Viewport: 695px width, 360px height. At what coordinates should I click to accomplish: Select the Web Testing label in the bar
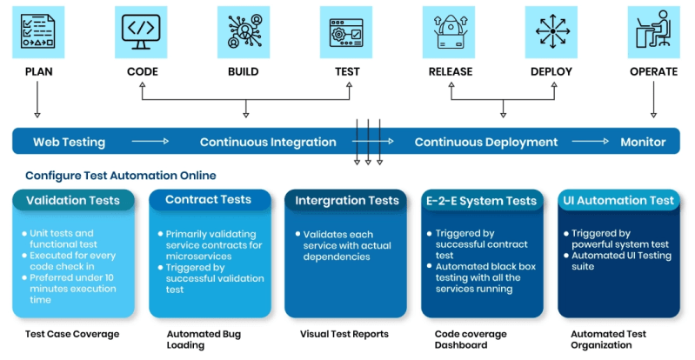(69, 142)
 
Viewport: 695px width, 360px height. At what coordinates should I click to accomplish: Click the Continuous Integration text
(268, 142)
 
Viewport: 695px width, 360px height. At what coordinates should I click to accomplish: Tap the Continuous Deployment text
(485, 142)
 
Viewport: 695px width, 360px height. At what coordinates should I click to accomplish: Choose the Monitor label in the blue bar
(643, 142)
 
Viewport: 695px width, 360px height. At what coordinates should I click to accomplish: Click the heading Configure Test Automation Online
(121, 175)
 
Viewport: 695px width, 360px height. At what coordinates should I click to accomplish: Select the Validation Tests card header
(73, 201)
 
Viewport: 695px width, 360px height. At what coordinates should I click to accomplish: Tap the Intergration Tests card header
(346, 201)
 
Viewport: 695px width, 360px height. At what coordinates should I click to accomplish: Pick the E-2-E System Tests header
(482, 201)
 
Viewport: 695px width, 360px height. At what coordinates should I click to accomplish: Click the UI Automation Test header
(618, 200)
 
